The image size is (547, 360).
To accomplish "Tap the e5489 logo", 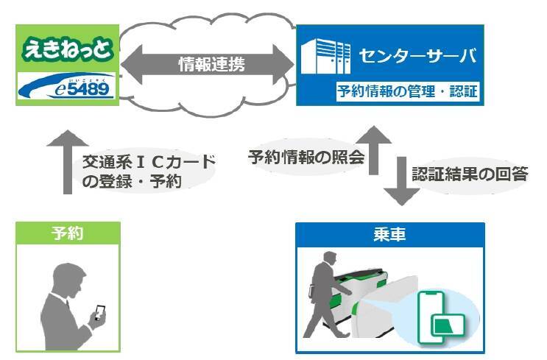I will pos(67,88).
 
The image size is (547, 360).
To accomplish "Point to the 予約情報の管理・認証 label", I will pos(407,92).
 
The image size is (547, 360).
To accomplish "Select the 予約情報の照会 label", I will pos(306,156).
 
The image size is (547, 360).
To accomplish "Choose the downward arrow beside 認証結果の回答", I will pos(402,180).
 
